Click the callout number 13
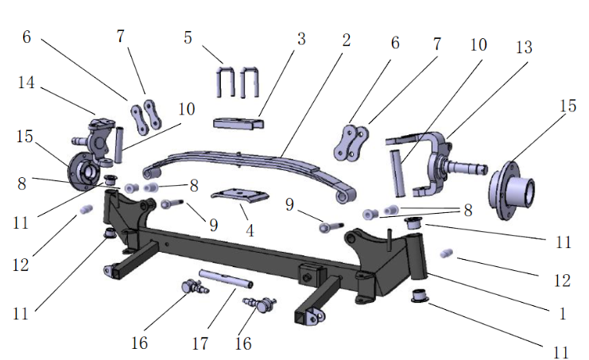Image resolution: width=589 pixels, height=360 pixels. click(523, 48)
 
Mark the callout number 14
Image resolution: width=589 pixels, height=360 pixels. click(25, 82)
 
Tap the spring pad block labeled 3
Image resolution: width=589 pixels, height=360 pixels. click(238, 124)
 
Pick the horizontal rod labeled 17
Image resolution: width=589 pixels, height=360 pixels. click(226, 280)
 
